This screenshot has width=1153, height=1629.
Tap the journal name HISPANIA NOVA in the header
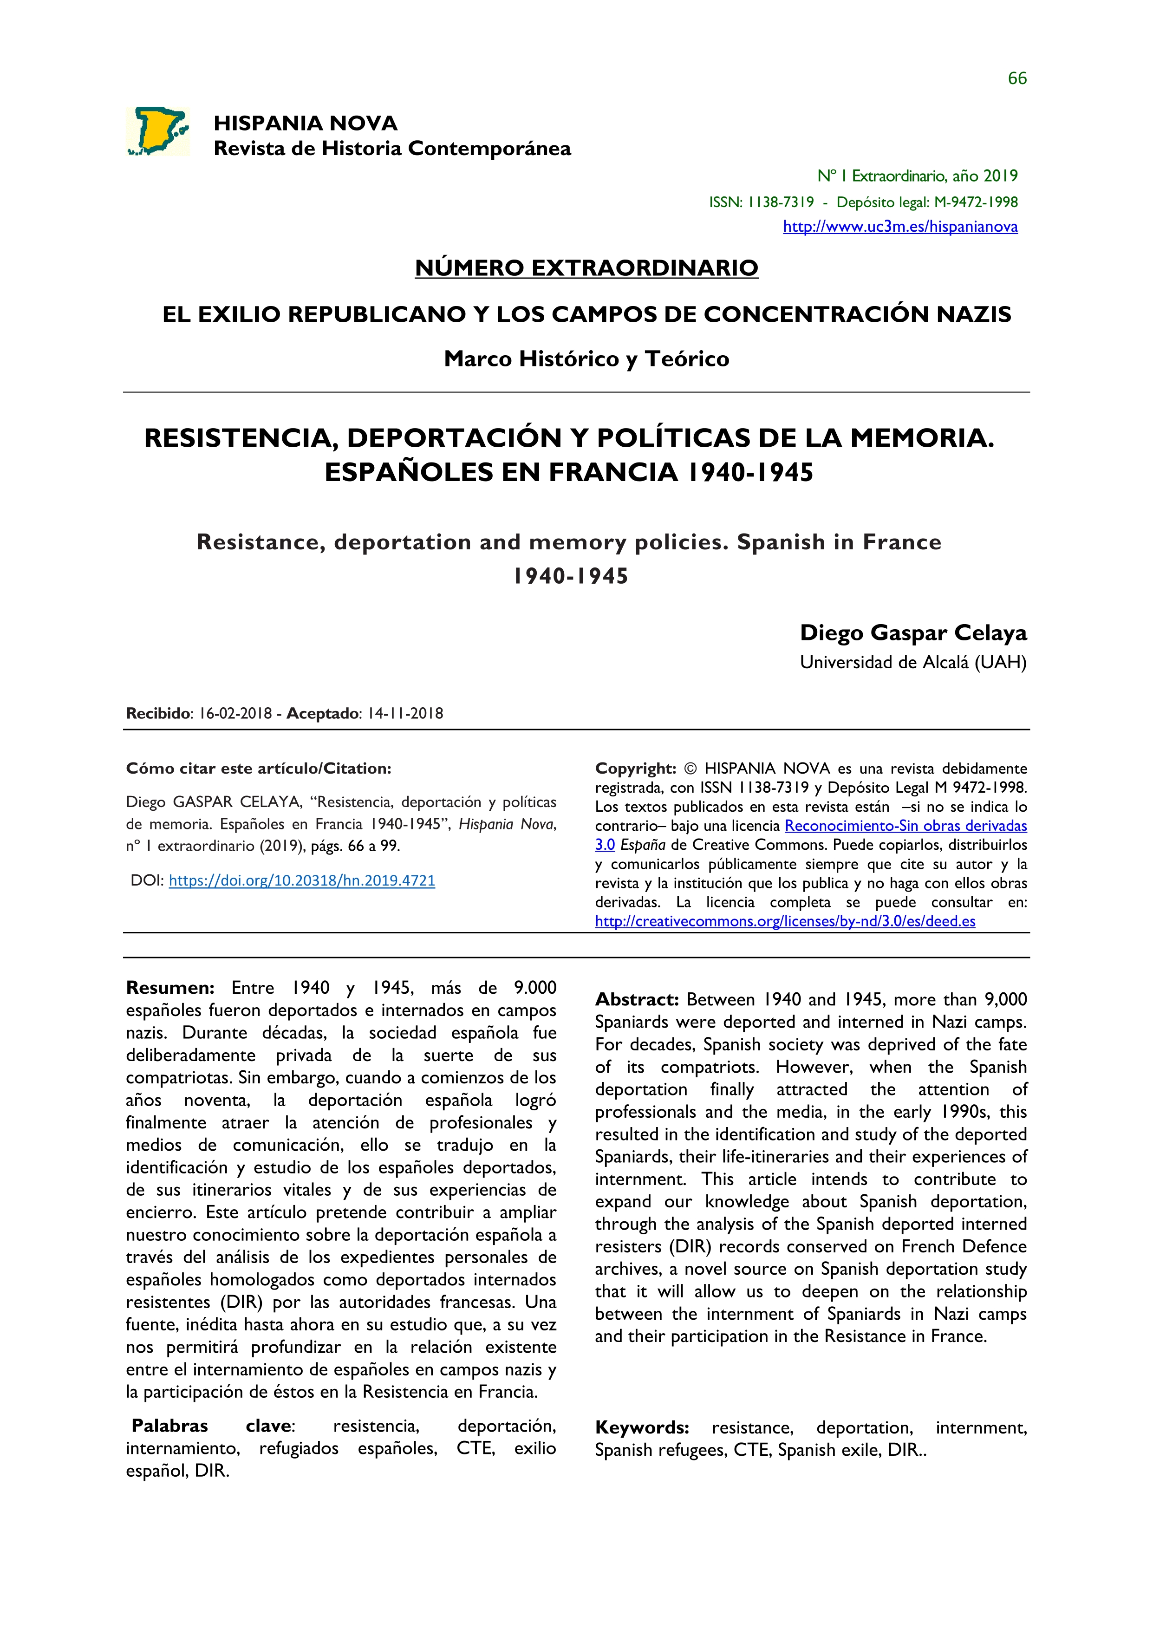pos(305,124)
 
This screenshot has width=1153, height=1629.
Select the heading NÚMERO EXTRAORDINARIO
pos(586,268)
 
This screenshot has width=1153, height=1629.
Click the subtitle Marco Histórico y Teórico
pos(586,359)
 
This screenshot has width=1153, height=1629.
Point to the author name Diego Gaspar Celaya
pos(913,633)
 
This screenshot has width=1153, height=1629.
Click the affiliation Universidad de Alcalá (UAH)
pos(913,663)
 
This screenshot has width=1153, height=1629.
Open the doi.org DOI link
pos(302,881)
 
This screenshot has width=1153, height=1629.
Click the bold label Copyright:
pos(635,769)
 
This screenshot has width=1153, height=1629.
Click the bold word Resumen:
pos(169,988)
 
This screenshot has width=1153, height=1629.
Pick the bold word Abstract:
pos(637,1000)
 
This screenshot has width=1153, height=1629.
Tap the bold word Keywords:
pos(642,1428)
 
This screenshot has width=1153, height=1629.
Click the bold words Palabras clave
pos(212,1427)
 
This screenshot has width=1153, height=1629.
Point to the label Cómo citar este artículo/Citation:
pos(259,769)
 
